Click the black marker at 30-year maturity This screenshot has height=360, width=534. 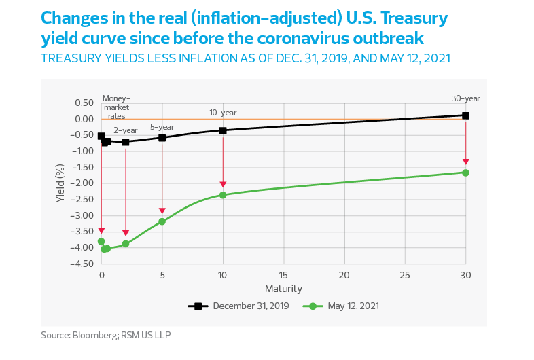[465, 115]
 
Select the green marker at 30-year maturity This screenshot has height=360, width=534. [465, 173]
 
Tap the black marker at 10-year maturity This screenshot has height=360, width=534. [223, 130]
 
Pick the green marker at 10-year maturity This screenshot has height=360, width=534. [223, 195]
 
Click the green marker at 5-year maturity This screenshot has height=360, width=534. [162, 221]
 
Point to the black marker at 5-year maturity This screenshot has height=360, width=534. [162, 138]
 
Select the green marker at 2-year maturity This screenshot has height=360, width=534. [126, 243]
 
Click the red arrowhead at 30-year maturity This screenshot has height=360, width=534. [465, 162]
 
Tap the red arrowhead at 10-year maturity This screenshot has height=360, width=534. [223, 185]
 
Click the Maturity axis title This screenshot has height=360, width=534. [283, 288]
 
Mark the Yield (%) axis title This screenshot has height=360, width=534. [60, 183]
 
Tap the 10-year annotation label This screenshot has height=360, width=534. [223, 112]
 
